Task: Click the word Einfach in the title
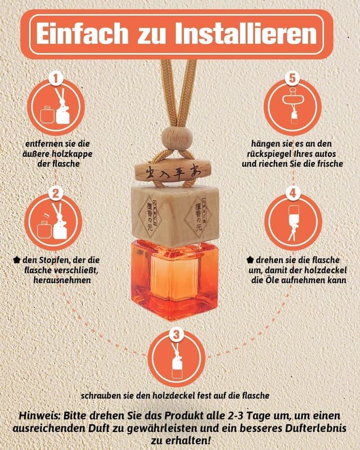coord(82,34)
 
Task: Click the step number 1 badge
coord(56,78)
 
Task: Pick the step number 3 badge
coord(176,334)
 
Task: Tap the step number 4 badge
coord(292,193)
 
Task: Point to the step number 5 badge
coord(292,78)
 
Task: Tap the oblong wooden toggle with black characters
coord(174,172)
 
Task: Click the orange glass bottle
coord(174,280)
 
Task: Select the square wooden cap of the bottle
coord(175,215)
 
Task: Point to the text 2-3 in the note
coord(233,416)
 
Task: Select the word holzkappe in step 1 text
coord(73,154)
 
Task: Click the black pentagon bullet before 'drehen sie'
coord(250,260)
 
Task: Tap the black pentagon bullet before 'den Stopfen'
coord(17,260)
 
